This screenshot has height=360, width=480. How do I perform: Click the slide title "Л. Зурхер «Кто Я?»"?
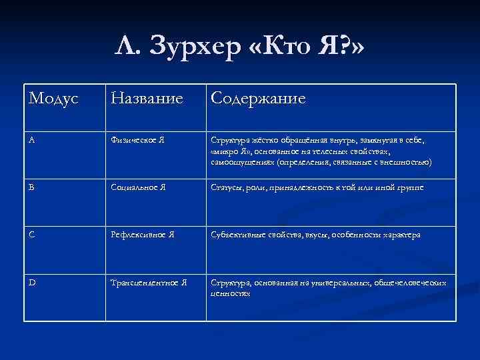click(239, 48)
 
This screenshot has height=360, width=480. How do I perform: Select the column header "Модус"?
click(53, 99)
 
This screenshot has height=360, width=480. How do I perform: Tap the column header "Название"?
click(147, 99)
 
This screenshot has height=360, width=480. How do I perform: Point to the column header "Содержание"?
click(258, 99)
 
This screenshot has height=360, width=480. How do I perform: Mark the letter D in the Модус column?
click(33, 283)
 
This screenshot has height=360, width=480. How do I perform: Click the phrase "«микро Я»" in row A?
click(230, 151)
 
